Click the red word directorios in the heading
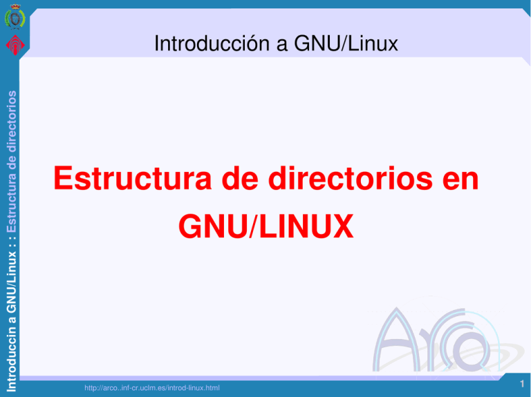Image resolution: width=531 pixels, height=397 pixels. (354, 181)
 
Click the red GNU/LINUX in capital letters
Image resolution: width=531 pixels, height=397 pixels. (265, 226)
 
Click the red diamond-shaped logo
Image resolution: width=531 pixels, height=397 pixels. (14, 46)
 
